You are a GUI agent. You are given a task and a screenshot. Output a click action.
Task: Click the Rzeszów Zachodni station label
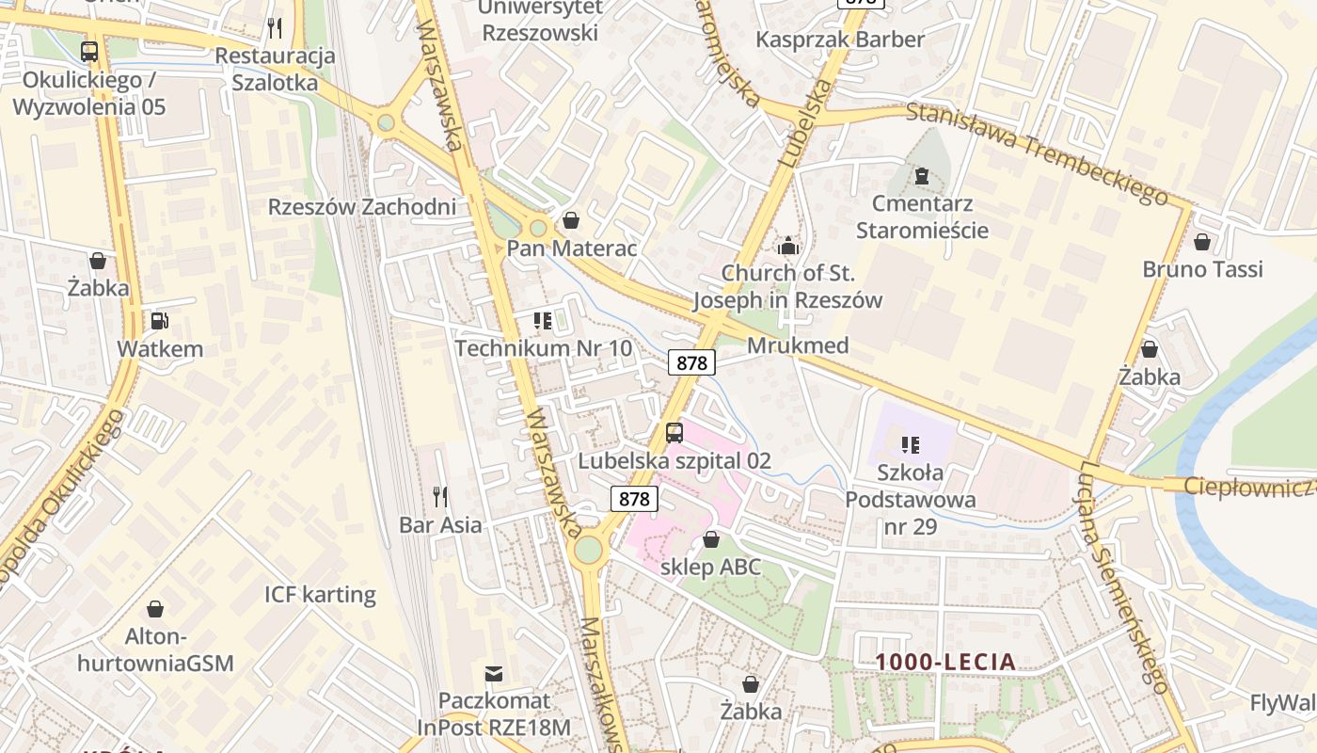[x=362, y=207]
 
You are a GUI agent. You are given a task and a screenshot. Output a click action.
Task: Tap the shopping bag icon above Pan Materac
[x=570, y=220]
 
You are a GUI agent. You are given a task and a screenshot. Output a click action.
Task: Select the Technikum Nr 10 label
[x=544, y=348]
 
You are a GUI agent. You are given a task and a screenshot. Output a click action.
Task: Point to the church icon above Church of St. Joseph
[x=788, y=247]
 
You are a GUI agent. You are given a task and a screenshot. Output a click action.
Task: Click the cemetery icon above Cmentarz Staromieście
[x=921, y=176]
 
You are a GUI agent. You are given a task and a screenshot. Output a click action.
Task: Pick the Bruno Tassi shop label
[x=1202, y=269]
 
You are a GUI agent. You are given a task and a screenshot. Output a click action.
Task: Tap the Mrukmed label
[x=798, y=345]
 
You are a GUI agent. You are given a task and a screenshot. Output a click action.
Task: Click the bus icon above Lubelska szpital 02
[x=674, y=433]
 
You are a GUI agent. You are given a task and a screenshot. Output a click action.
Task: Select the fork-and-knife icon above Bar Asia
[x=439, y=496]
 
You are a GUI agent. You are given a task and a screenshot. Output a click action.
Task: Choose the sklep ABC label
[x=711, y=567]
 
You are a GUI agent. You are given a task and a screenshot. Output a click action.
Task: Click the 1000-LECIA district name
[x=946, y=662]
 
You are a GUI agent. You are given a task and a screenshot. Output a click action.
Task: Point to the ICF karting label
[x=320, y=595]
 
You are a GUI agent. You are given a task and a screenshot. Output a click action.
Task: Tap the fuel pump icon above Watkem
[x=160, y=321]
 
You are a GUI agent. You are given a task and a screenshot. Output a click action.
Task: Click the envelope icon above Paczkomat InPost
[x=494, y=673]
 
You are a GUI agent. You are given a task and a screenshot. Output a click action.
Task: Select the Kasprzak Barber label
[x=840, y=40]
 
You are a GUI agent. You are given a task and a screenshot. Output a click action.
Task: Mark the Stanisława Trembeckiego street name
[x=1038, y=153]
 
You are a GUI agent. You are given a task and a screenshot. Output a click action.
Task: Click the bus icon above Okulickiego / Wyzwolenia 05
[x=89, y=52]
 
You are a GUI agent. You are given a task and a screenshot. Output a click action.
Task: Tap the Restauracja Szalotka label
[x=275, y=69]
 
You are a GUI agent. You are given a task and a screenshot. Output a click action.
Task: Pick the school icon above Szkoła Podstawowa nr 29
[x=910, y=444]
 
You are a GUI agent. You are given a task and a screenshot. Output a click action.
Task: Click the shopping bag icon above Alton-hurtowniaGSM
[x=155, y=609]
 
